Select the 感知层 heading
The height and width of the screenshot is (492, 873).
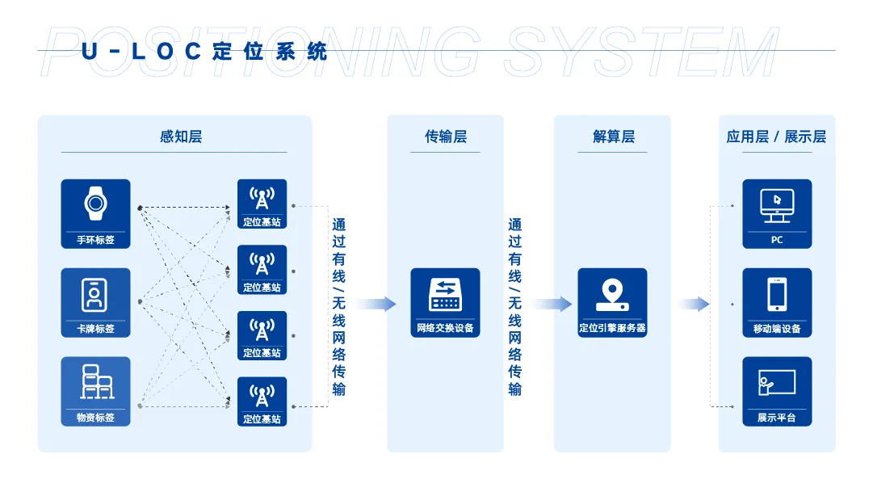pyautogui.click(x=181, y=137)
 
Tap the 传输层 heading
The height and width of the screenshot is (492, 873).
pyautogui.click(x=445, y=137)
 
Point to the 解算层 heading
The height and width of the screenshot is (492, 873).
pyautogui.click(x=613, y=137)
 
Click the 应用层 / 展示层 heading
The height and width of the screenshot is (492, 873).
pyautogui.click(x=776, y=137)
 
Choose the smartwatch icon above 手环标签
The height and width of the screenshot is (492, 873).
pyautogui.click(x=95, y=204)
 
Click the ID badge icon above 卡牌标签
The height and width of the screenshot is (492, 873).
pyautogui.click(x=95, y=294)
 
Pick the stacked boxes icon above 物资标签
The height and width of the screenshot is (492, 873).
pyautogui.click(x=95, y=382)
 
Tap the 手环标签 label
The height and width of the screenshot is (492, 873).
pyautogui.click(x=95, y=240)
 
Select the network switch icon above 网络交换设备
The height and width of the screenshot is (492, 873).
pyautogui.click(x=445, y=294)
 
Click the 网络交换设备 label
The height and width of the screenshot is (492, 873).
pyautogui.click(x=445, y=329)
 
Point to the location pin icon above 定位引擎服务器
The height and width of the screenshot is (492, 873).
pyautogui.click(x=612, y=294)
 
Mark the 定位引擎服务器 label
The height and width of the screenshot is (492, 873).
pyautogui.click(x=612, y=329)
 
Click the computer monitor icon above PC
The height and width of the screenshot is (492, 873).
pyautogui.click(x=777, y=205)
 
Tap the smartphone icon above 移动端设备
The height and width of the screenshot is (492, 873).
pyautogui.click(x=777, y=294)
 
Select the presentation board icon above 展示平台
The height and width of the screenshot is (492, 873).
pyautogui.click(x=777, y=382)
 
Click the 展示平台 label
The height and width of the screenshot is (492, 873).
pyautogui.click(x=777, y=418)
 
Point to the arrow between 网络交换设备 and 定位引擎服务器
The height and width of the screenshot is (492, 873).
pyautogui.click(x=552, y=304)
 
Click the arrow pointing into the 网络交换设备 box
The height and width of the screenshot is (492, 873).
pyautogui.click(x=376, y=304)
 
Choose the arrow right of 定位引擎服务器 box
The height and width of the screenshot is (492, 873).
pyautogui.click(x=693, y=304)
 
